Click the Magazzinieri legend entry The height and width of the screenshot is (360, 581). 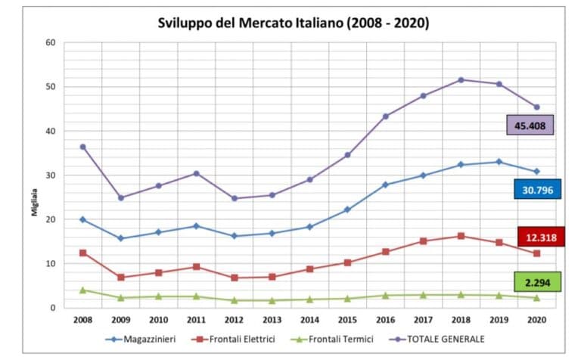coord(141,340)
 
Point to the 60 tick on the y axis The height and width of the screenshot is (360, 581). coord(51,42)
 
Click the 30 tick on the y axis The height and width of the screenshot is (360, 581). coord(51,175)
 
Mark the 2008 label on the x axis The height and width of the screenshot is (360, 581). coord(82,321)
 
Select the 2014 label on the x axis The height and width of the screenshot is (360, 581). coord(309,321)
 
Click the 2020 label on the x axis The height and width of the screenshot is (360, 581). coord(536,321)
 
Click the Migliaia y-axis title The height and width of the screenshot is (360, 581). coord(34,201)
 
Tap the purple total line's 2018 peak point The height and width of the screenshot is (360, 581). coord(461,79)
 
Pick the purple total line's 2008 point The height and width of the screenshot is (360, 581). coord(82,147)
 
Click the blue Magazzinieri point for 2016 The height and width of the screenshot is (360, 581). coord(386,185)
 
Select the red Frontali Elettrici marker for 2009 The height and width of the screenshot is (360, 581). coord(120,278)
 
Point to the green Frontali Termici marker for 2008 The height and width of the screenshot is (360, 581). coord(82,290)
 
